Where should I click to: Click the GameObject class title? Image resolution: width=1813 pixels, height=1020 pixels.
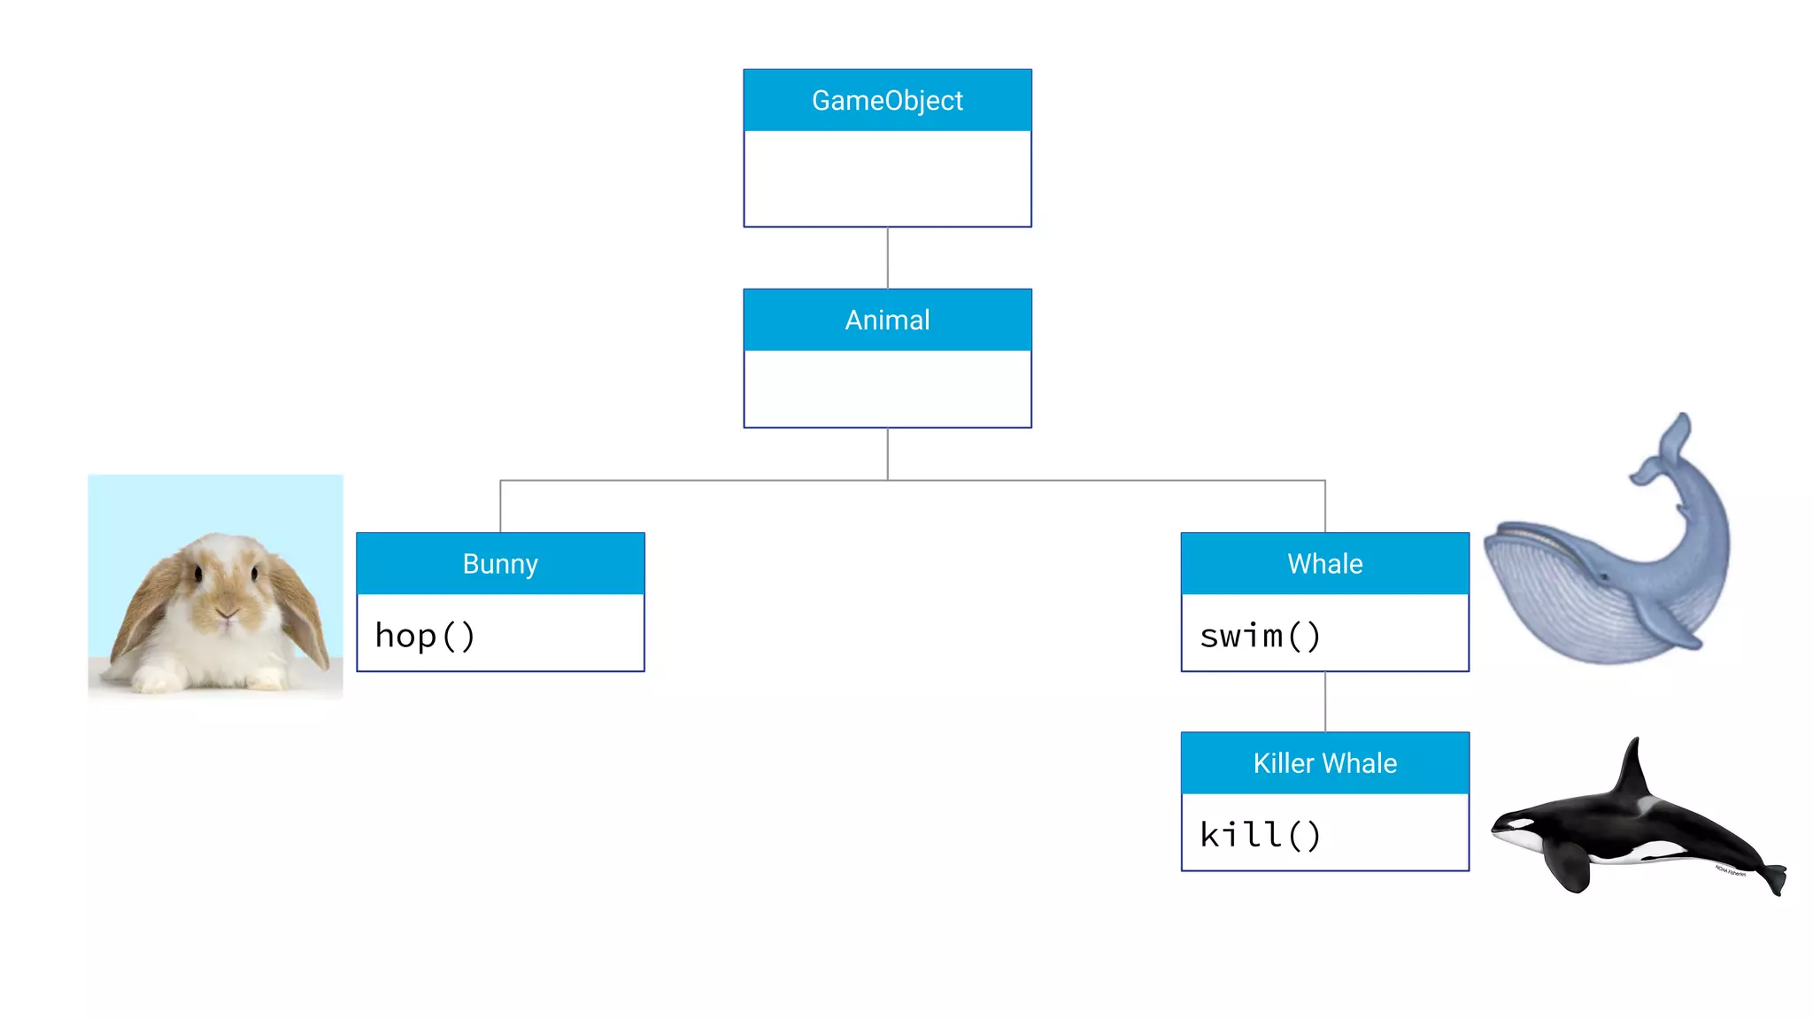click(x=887, y=101)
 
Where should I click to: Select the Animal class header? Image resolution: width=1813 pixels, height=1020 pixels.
click(x=887, y=320)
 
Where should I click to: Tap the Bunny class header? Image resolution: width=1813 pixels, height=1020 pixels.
click(x=500, y=564)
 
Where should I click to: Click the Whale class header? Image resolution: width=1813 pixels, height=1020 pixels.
click(x=1324, y=564)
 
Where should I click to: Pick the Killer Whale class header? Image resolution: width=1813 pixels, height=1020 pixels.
click(x=1324, y=763)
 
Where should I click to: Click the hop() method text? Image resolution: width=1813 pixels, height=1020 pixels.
click(x=425, y=636)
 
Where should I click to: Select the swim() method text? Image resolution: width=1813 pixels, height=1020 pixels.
click(x=1260, y=636)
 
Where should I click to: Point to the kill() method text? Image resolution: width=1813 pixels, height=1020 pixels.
click(x=1260, y=835)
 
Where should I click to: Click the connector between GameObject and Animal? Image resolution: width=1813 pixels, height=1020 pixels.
click(x=888, y=258)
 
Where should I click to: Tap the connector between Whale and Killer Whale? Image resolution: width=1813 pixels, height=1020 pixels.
click(x=1325, y=701)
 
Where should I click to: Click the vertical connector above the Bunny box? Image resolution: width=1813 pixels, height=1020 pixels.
click(x=500, y=506)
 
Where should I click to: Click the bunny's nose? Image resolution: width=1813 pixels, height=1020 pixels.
click(x=227, y=611)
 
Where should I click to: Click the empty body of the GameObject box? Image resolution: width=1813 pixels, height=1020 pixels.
click(x=887, y=178)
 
